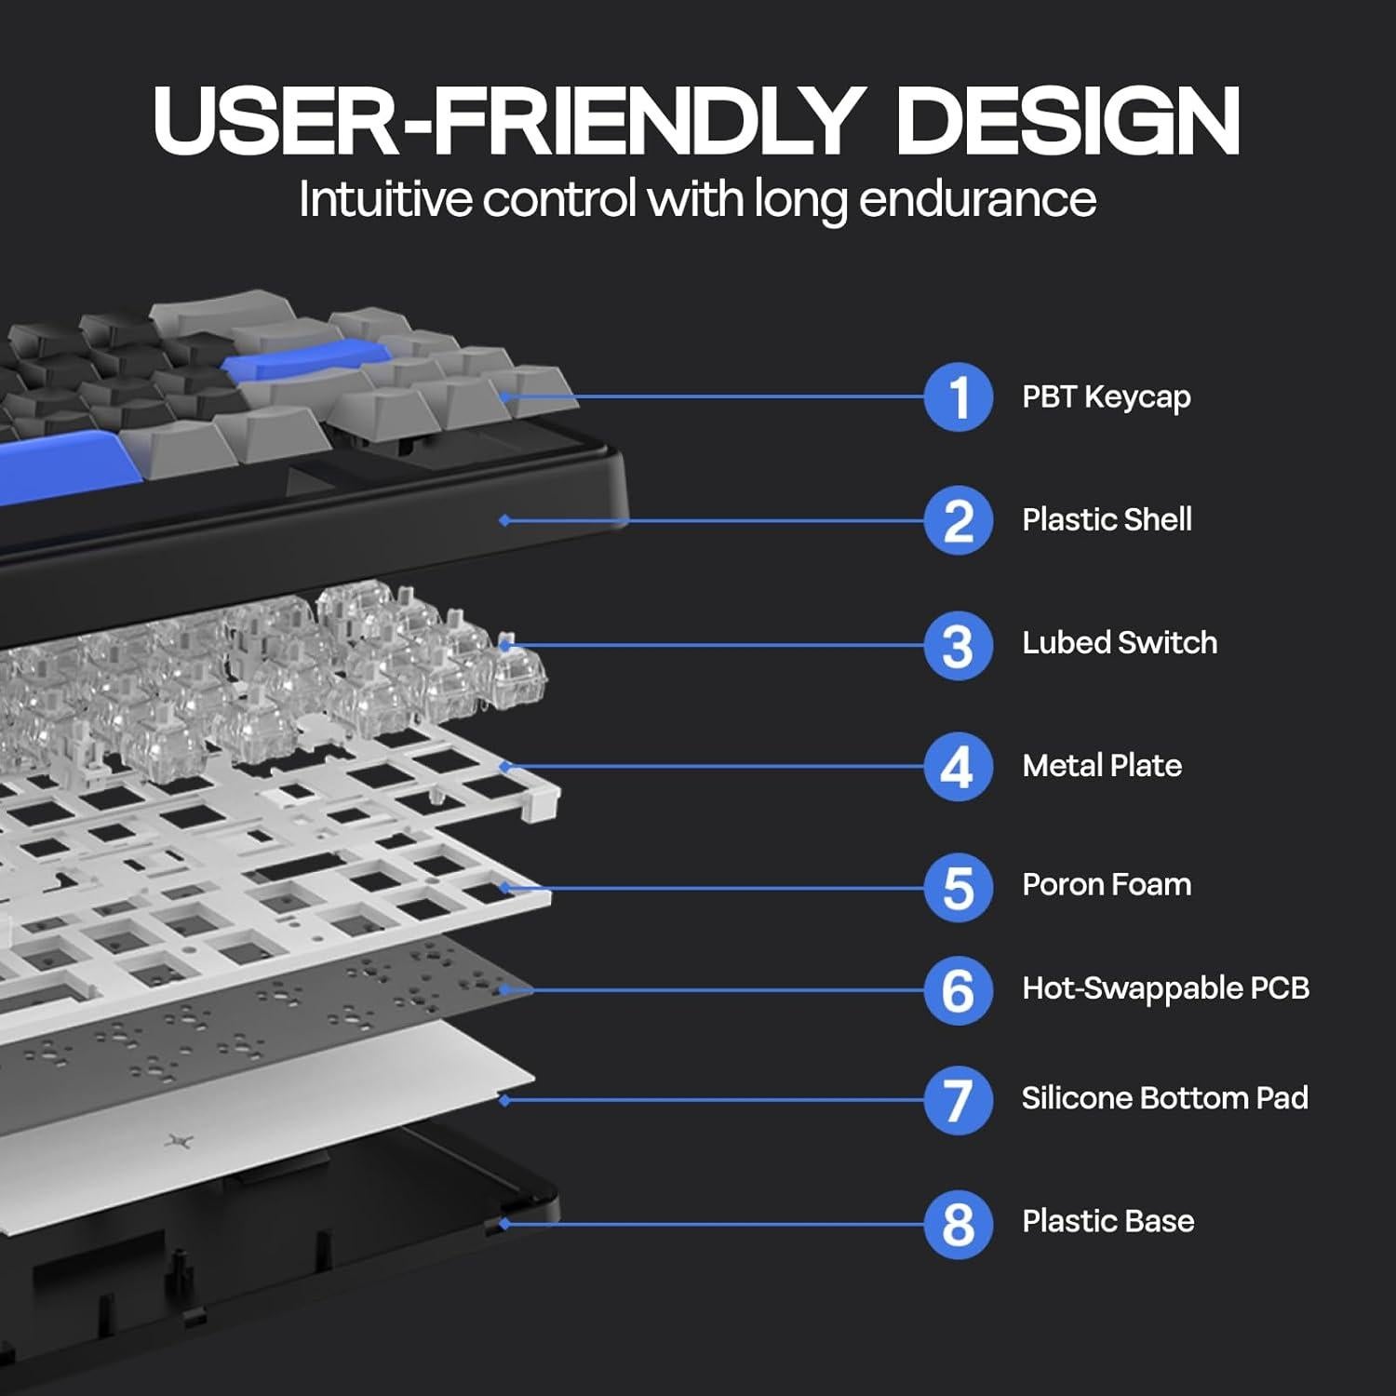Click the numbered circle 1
click(x=959, y=397)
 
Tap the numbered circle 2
click(x=959, y=520)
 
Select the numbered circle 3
click(x=959, y=645)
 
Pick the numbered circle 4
click(x=959, y=767)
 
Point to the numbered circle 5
click(x=959, y=887)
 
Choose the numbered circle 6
click(x=959, y=990)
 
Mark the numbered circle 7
click(x=959, y=1100)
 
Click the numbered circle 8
click(x=959, y=1224)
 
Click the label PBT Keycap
click(x=1106, y=397)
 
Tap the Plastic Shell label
click(x=1107, y=519)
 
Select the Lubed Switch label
click(x=1119, y=642)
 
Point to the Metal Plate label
click(x=1102, y=765)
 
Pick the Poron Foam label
click(x=1107, y=884)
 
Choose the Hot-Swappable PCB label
click(x=1165, y=988)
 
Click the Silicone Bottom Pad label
click(x=1164, y=1098)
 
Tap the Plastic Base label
click(x=1107, y=1221)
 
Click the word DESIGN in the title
click(x=1067, y=121)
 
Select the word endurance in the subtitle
click(x=977, y=199)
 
